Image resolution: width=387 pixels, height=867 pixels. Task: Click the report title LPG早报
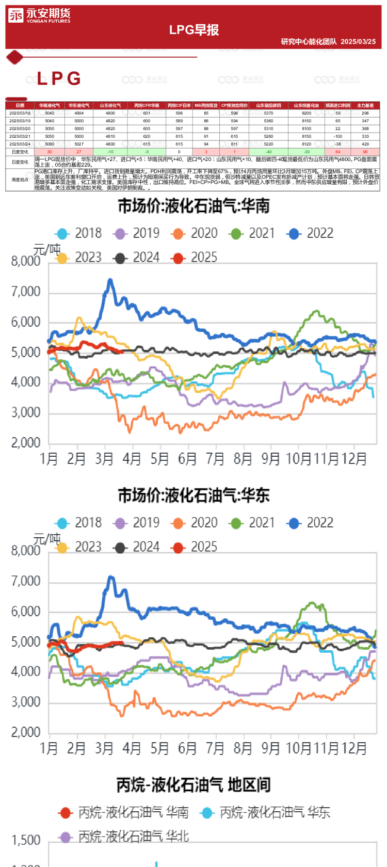click(194, 30)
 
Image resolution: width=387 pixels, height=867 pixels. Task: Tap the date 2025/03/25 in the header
click(358, 42)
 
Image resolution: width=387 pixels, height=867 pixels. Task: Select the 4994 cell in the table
click(79, 113)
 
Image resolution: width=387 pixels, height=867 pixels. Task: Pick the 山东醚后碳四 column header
click(268, 105)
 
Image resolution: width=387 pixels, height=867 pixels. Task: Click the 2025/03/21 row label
click(20, 136)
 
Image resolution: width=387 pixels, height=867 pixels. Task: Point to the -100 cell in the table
click(338, 136)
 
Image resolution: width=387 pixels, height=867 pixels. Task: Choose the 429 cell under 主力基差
click(365, 144)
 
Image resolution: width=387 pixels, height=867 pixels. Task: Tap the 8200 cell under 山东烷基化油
click(307, 113)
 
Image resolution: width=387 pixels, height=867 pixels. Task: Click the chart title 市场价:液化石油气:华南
click(193, 206)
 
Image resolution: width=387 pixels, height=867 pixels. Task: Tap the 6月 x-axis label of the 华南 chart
click(187, 458)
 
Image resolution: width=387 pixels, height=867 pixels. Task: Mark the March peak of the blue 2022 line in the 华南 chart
click(110, 280)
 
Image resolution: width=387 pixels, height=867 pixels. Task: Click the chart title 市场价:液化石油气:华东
click(193, 495)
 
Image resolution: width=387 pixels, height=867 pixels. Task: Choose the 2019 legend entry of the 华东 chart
click(137, 523)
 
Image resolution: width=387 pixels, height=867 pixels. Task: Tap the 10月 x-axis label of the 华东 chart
click(299, 748)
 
